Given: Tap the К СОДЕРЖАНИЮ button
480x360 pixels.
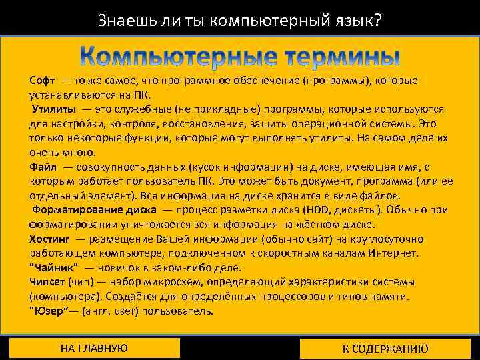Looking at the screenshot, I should point(385,349).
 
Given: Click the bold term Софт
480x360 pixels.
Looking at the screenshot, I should point(43,81).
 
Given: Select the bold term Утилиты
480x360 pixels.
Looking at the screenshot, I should point(53,109).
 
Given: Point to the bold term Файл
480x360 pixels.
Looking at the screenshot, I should point(43,167).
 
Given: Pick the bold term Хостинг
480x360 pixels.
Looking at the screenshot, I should point(49,239).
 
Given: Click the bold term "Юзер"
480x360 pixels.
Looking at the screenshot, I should point(50,311).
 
